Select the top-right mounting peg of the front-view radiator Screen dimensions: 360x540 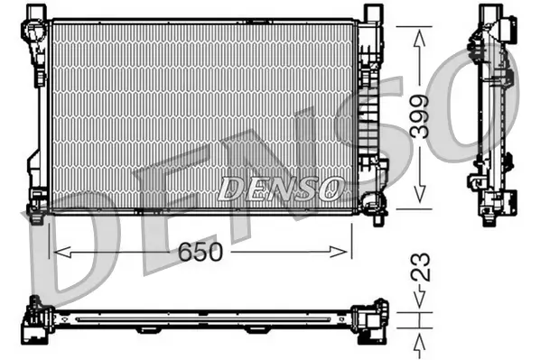click(x=369, y=13)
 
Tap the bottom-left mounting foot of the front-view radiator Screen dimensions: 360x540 click(x=37, y=210)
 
